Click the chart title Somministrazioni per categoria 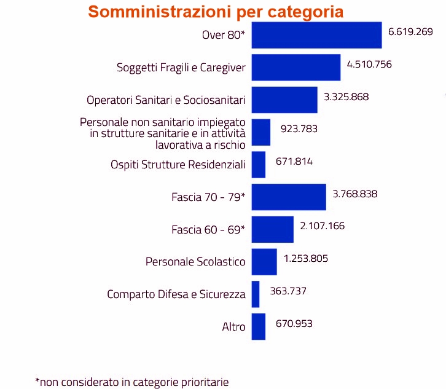[x=216, y=12]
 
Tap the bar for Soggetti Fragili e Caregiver [x=295, y=67]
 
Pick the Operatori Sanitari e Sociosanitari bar [x=284, y=100]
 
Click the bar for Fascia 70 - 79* [x=289, y=197]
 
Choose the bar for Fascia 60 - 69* [x=272, y=229]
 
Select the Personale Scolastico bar [x=264, y=261]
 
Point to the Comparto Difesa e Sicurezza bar [x=256, y=294]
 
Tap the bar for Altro [x=259, y=326]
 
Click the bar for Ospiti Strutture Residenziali [x=259, y=164]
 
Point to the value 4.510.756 [x=369, y=63]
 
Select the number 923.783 [x=299, y=128]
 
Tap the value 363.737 [x=288, y=291]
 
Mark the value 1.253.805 [x=306, y=258]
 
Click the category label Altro [x=233, y=327]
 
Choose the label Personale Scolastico [x=195, y=262]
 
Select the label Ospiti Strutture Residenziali [x=178, y=165]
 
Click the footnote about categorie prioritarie [x=132, y=382]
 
